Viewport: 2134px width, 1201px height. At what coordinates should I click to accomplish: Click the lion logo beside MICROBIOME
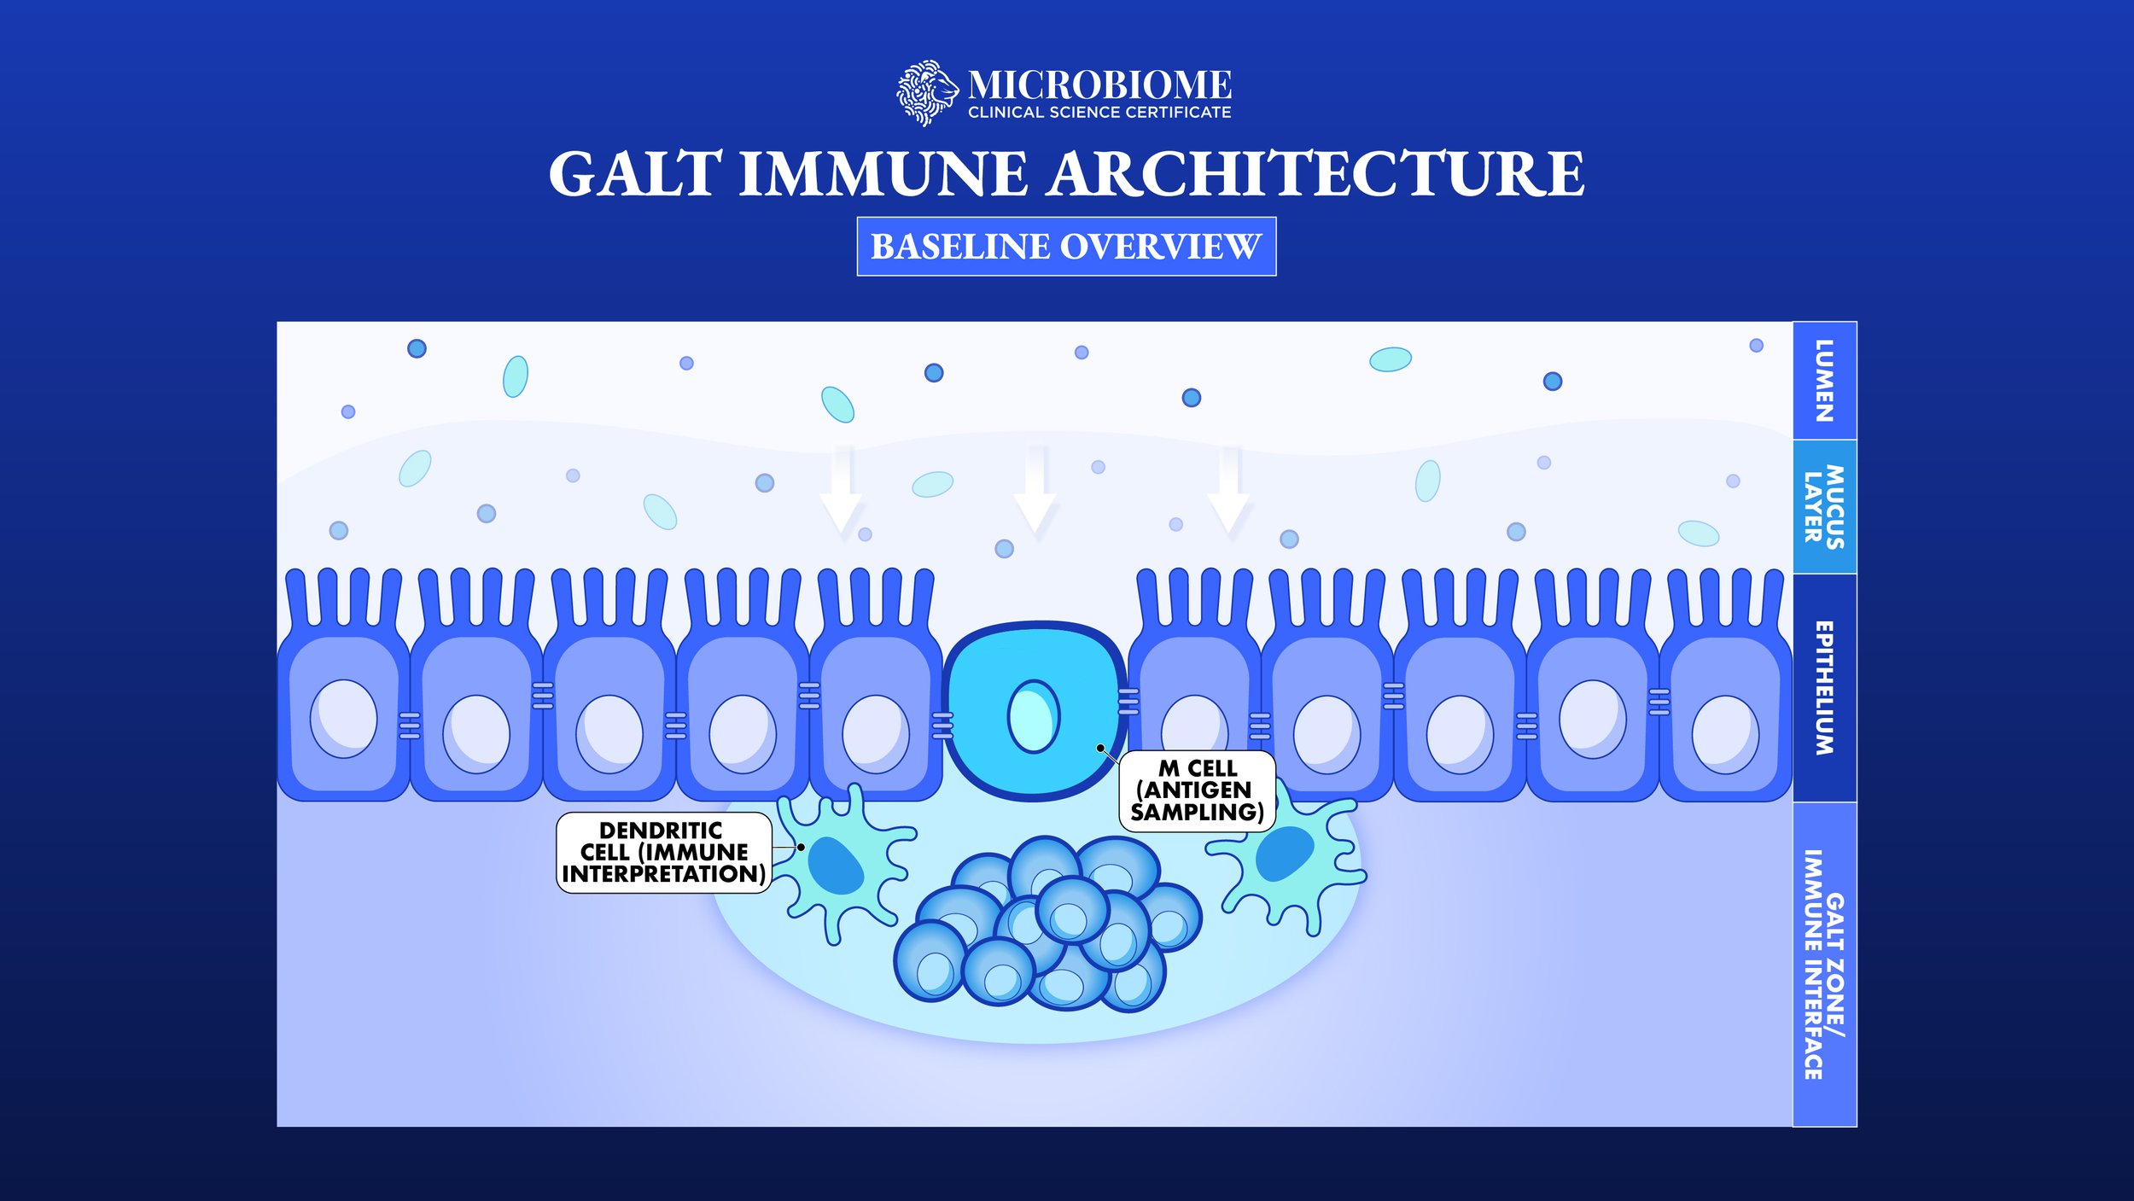(925, 92)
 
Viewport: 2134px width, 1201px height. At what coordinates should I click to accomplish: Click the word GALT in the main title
(635, 174)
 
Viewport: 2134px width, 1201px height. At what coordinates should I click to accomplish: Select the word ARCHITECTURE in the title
(1316, 174)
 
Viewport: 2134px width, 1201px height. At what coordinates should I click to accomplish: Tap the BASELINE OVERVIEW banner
(1066, 247)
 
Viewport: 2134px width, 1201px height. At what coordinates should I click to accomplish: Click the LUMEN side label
(1824, 381)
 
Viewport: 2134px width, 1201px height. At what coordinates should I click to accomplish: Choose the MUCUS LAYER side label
(1824, 506)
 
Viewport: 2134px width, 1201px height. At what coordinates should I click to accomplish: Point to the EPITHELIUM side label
(1824, 688)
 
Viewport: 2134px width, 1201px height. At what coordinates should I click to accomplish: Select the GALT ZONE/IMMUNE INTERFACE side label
(1824, 964)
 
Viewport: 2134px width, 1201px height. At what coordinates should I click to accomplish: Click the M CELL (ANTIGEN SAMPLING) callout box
(1197, 790)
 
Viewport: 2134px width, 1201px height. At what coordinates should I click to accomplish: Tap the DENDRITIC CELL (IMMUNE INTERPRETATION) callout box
(663, 852)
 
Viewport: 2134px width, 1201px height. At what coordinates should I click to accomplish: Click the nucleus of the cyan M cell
(1033, 716)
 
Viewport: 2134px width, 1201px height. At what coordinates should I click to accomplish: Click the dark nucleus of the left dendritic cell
(836, 866)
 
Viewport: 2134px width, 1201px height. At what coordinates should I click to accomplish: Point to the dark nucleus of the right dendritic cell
(1284, 854)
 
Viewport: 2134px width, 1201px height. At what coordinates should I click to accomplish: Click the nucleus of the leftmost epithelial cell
(343, 719)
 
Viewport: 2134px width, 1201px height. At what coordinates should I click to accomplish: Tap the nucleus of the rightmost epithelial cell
(1725, 734)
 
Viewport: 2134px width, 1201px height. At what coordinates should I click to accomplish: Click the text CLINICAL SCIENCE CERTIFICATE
(1099, 113)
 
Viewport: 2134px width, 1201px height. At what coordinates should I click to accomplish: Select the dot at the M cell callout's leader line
(1101, 749)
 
